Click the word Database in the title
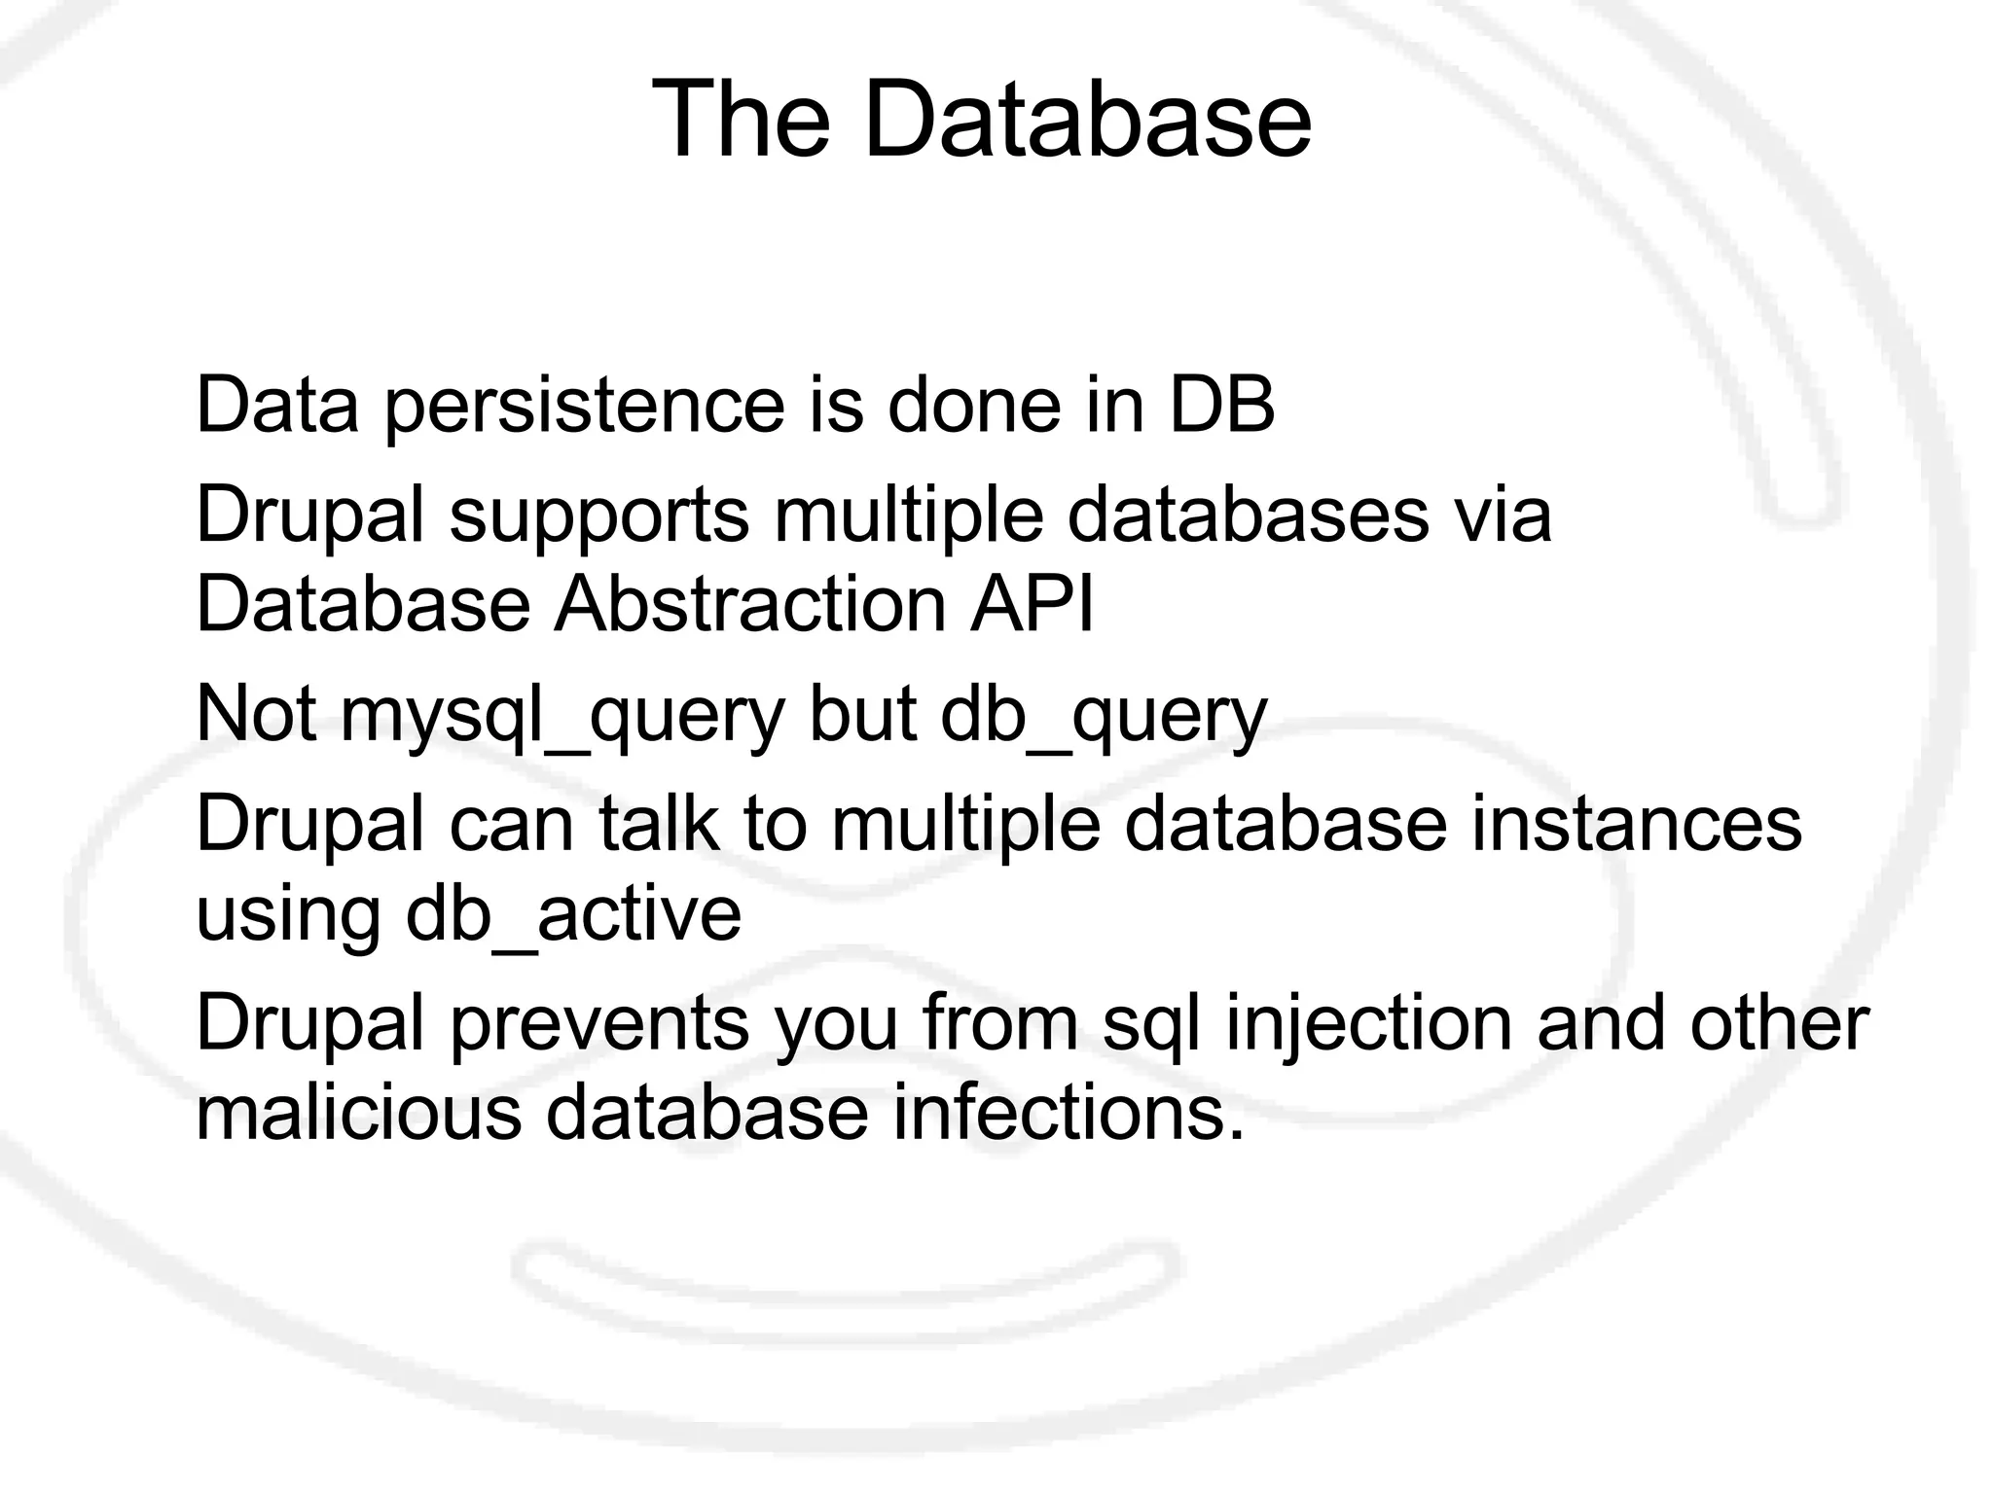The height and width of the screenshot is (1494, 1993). [x=1087, y=121]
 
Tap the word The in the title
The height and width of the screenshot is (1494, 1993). [x=741, y=121]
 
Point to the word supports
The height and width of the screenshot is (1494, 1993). [x=598, y=516]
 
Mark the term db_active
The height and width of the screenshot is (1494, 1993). [x=573, y=914]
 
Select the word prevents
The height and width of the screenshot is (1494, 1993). [x=599, y=1024]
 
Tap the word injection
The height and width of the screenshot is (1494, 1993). [x=1368, y=1024]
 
